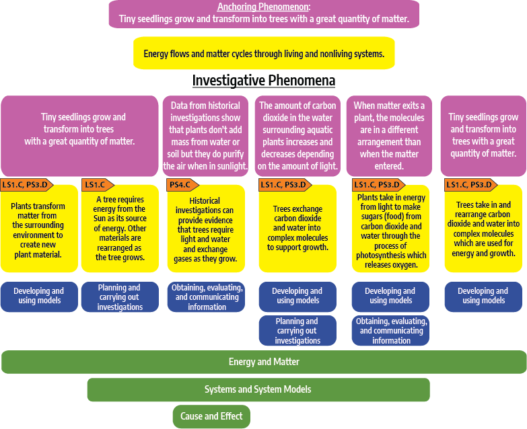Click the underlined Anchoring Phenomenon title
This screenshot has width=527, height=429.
[x=263, y=7]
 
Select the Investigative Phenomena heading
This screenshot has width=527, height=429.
[x=263, y=81]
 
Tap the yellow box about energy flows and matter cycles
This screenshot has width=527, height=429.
[x=264, y=54]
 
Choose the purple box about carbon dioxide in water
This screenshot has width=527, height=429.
[x=297, y=136]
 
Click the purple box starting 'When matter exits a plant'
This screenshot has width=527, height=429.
[x=389, y=136]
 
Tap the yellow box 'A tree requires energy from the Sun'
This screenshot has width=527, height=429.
[x=121, y=229]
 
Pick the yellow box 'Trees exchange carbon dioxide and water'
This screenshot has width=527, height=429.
[x=297, y=229]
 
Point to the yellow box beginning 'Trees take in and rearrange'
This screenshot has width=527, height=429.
[x=483, y=229]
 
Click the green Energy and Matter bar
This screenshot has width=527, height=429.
[x=264, y=362]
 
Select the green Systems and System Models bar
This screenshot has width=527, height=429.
[x=258, y=389]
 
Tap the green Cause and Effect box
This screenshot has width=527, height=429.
[x=211, y=416]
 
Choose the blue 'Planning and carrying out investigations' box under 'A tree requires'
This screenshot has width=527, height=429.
[x=120, y=297]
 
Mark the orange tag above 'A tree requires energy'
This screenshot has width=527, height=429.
[x=95, y=185]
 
